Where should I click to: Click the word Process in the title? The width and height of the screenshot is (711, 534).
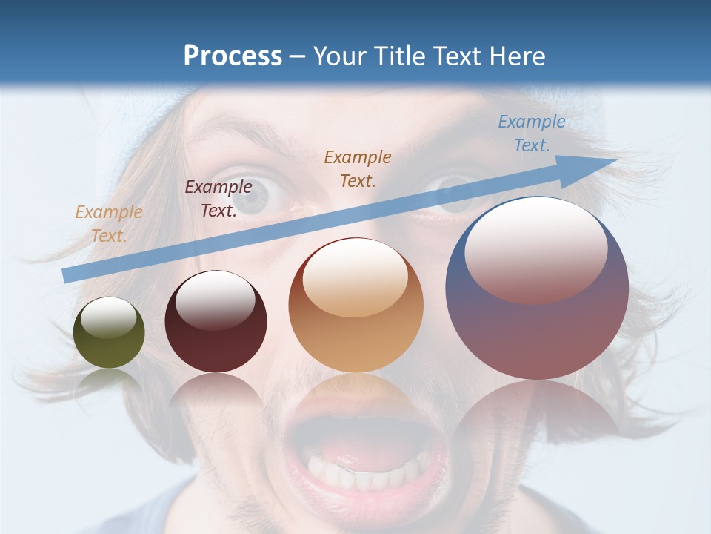click(x=233, y=56)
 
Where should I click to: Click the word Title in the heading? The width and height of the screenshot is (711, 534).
click(x=400, y=56)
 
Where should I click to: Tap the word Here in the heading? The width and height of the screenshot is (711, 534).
click(x=517, y=56)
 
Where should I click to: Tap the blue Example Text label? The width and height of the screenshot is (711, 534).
click(x=531, y=133)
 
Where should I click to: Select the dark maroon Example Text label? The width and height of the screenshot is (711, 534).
click(x=218, y=199)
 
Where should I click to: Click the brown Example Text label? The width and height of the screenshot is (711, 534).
click(x=358, y=168)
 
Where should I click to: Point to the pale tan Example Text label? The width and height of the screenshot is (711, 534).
click(x=109, y=224)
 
